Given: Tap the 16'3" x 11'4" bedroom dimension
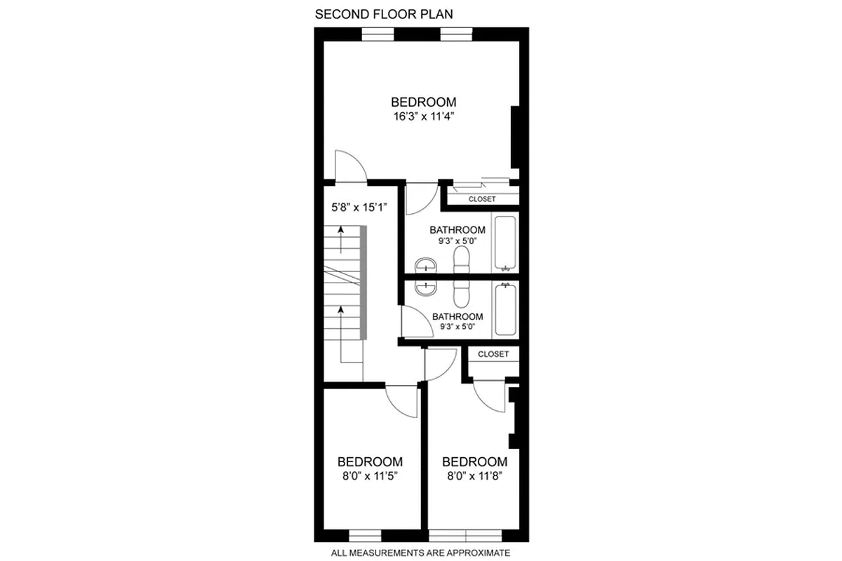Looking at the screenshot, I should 423,116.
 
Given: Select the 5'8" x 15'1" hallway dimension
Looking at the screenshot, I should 360,207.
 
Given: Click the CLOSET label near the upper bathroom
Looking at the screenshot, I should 482,199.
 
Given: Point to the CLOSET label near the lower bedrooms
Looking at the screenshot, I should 493,354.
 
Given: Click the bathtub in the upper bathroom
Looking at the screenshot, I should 505,243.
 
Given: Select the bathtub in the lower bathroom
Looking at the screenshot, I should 505,309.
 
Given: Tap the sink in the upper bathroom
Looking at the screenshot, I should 425,265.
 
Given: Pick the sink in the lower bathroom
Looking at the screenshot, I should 425,287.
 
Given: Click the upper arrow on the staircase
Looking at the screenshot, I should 341,240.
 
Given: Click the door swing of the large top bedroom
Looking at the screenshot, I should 349,167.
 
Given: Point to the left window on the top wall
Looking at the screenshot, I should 377,33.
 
